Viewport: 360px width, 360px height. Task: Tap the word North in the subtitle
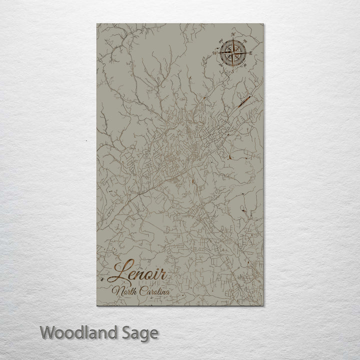click(123, 291)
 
